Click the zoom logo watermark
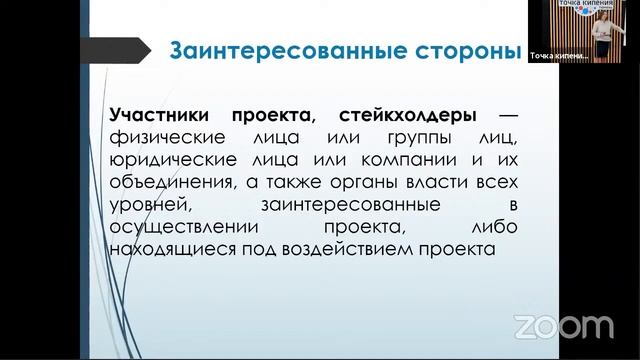click(x=563, y=326)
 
